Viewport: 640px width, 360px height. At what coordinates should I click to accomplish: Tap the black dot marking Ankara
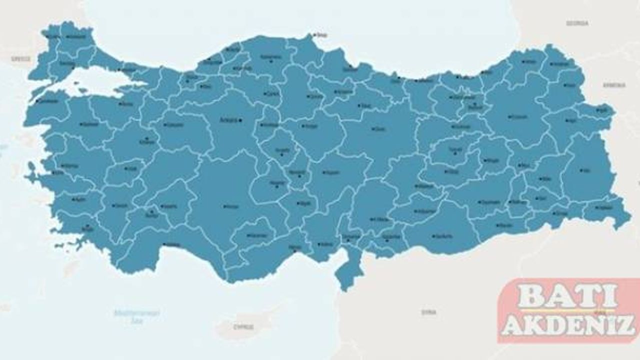[x=240, y=120]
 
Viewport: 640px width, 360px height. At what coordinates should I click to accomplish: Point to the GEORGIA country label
[x=577, y=23]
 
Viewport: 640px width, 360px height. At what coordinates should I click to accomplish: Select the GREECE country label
[x=20, y=59]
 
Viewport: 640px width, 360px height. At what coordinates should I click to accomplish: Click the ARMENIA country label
[x=614, y=85]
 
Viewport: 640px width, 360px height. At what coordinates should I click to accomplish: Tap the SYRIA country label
[x=428, y=312]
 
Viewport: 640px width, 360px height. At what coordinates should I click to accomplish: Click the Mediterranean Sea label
[x=136, y=317]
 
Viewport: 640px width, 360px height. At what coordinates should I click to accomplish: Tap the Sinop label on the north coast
[x=321, y=35]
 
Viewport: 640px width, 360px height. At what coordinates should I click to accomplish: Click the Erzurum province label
[x=519, y=117]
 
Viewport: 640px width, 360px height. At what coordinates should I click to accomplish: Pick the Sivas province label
[x=380, y=129]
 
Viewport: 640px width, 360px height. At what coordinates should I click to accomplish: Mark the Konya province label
[x=231, y=206]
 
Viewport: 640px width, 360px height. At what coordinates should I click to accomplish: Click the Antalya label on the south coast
[x=172, y=244]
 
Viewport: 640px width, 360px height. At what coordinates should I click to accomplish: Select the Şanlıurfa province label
[x=443, y=236]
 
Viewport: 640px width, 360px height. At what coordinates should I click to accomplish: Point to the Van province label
[x=586, y=170]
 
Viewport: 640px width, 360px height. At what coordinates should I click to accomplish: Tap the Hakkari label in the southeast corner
[x=605, y=207]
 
